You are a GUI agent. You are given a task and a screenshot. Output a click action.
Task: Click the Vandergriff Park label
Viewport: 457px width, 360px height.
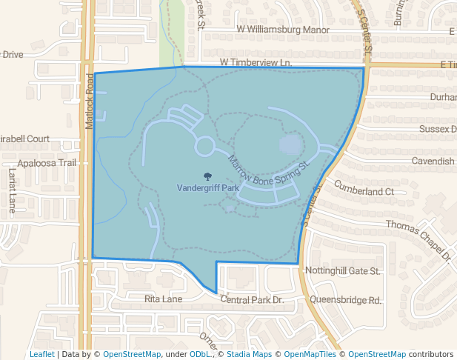207,189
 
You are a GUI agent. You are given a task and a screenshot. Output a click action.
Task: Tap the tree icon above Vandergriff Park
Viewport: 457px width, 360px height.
207,177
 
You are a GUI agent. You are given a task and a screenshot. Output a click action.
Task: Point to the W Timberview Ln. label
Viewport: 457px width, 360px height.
256,64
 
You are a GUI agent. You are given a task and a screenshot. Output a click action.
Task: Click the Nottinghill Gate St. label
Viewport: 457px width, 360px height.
343,271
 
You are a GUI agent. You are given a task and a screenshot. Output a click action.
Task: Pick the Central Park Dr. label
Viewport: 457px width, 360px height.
252,300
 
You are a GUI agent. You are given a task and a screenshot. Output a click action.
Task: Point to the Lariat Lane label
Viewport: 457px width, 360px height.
12,191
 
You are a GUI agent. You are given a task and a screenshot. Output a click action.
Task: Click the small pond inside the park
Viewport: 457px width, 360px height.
291,144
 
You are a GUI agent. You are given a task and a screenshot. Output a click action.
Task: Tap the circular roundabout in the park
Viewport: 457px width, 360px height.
204,146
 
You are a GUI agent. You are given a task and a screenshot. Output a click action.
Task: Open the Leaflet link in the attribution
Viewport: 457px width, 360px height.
41,354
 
